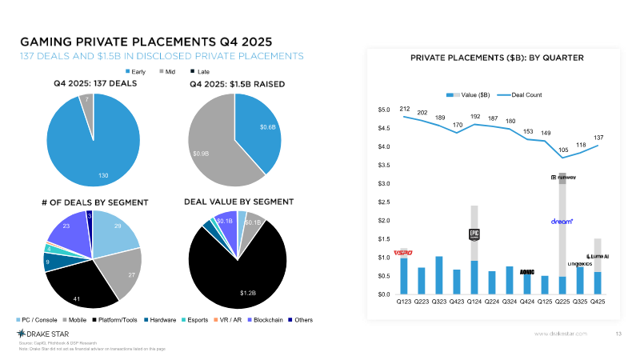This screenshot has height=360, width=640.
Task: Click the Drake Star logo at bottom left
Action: tap(42, 333)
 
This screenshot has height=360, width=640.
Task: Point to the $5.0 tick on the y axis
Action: tap(384, 109)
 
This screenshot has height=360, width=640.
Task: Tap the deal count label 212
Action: tap(404, 109)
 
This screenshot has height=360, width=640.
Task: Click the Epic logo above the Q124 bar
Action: tap(474, 234)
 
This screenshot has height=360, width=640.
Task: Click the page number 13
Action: tap(618, 333)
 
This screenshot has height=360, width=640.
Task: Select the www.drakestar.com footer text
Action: tap(561, 333)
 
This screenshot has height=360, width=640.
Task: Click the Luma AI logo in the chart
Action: tap(598, 256)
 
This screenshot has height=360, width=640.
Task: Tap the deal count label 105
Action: tap(562, 150)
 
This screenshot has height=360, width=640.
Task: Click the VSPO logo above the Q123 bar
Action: tap(402, 253)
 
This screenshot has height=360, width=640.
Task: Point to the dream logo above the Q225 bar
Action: tap(562, 221)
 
